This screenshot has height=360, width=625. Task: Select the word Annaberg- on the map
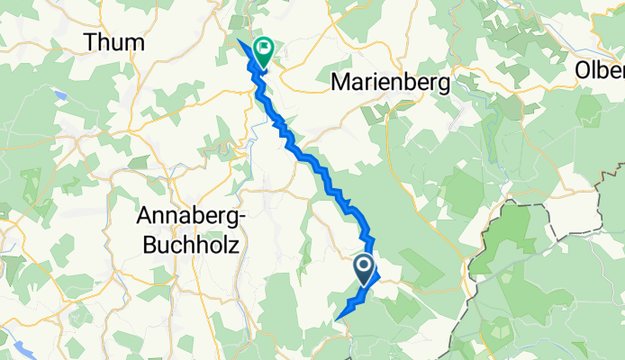188,216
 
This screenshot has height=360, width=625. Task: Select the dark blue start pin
365,268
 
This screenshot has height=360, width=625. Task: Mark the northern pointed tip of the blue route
238,41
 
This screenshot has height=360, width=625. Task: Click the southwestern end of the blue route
337,319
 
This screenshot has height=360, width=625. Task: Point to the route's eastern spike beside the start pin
379,274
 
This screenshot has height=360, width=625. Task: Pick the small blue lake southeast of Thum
59,93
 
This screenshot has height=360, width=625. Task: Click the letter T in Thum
90,42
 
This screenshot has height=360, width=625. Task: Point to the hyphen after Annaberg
237,218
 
